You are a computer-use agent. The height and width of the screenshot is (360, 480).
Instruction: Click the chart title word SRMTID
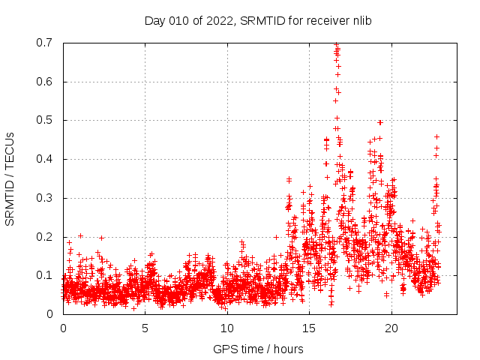(261, 21)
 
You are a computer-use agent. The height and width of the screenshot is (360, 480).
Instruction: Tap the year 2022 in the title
(217, 21)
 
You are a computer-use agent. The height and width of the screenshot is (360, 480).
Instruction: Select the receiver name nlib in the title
(359, 21)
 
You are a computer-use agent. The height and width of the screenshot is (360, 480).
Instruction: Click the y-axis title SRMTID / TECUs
(10, 178)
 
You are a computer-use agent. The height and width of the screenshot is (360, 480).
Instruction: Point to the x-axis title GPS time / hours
(258, 349)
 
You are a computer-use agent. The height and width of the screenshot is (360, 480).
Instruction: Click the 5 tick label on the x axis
(145, 328)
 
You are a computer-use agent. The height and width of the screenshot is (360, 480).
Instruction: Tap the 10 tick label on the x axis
(227, 328)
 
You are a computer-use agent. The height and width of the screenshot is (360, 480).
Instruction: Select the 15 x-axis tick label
(309, 328)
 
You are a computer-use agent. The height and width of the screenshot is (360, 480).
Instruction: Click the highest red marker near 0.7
(337, 44)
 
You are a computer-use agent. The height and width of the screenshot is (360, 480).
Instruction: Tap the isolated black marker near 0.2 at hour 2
(101, 238)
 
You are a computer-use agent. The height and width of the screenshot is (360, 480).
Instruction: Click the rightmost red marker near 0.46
(436, 136)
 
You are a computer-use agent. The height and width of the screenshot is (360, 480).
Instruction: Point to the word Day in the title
(154, 21)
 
